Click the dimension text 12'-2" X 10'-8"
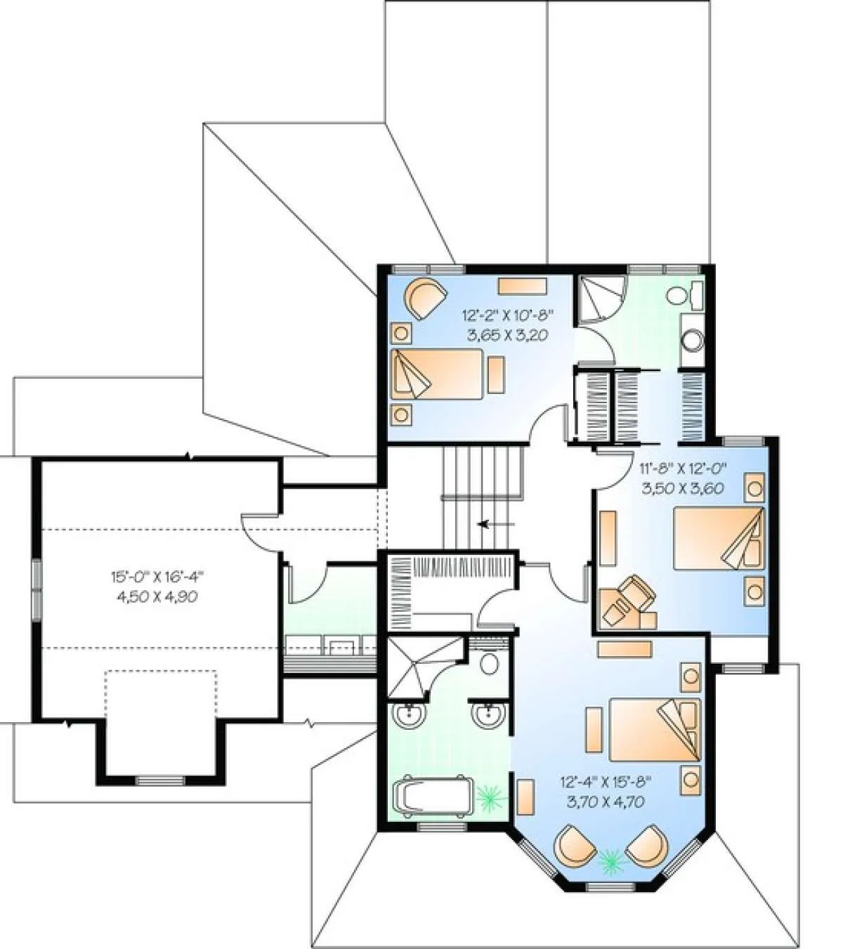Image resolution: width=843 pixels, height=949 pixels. click(508, 314)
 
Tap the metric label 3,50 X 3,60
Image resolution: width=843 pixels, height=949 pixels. click(682, 488)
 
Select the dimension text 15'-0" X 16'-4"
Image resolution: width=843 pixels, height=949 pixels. click(158, 576)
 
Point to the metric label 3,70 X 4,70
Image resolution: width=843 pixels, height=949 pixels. click(606, 801)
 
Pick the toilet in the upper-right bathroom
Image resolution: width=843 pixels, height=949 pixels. click(685, 295)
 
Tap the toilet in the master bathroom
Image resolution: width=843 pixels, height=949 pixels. click(489, 662)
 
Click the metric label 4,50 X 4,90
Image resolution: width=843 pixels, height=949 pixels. click(158, 597)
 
